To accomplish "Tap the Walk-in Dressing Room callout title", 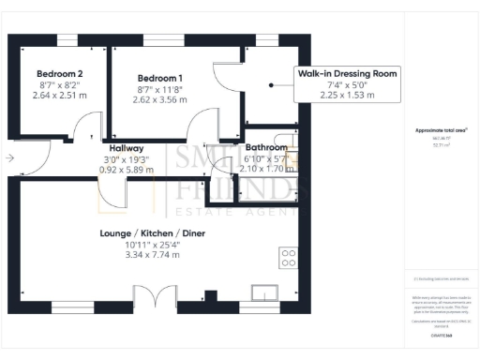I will tap(348, 72).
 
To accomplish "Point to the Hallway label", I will tap(126, 148).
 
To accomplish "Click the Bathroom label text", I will tap(266, 148).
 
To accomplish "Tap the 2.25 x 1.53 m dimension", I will tap(348, 94).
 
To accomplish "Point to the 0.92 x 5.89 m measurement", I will tap(126, 170).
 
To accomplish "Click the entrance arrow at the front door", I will tap(8, 158).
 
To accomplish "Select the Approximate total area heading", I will tap(440, 130).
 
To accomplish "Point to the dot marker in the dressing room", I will tap(270, 83).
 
